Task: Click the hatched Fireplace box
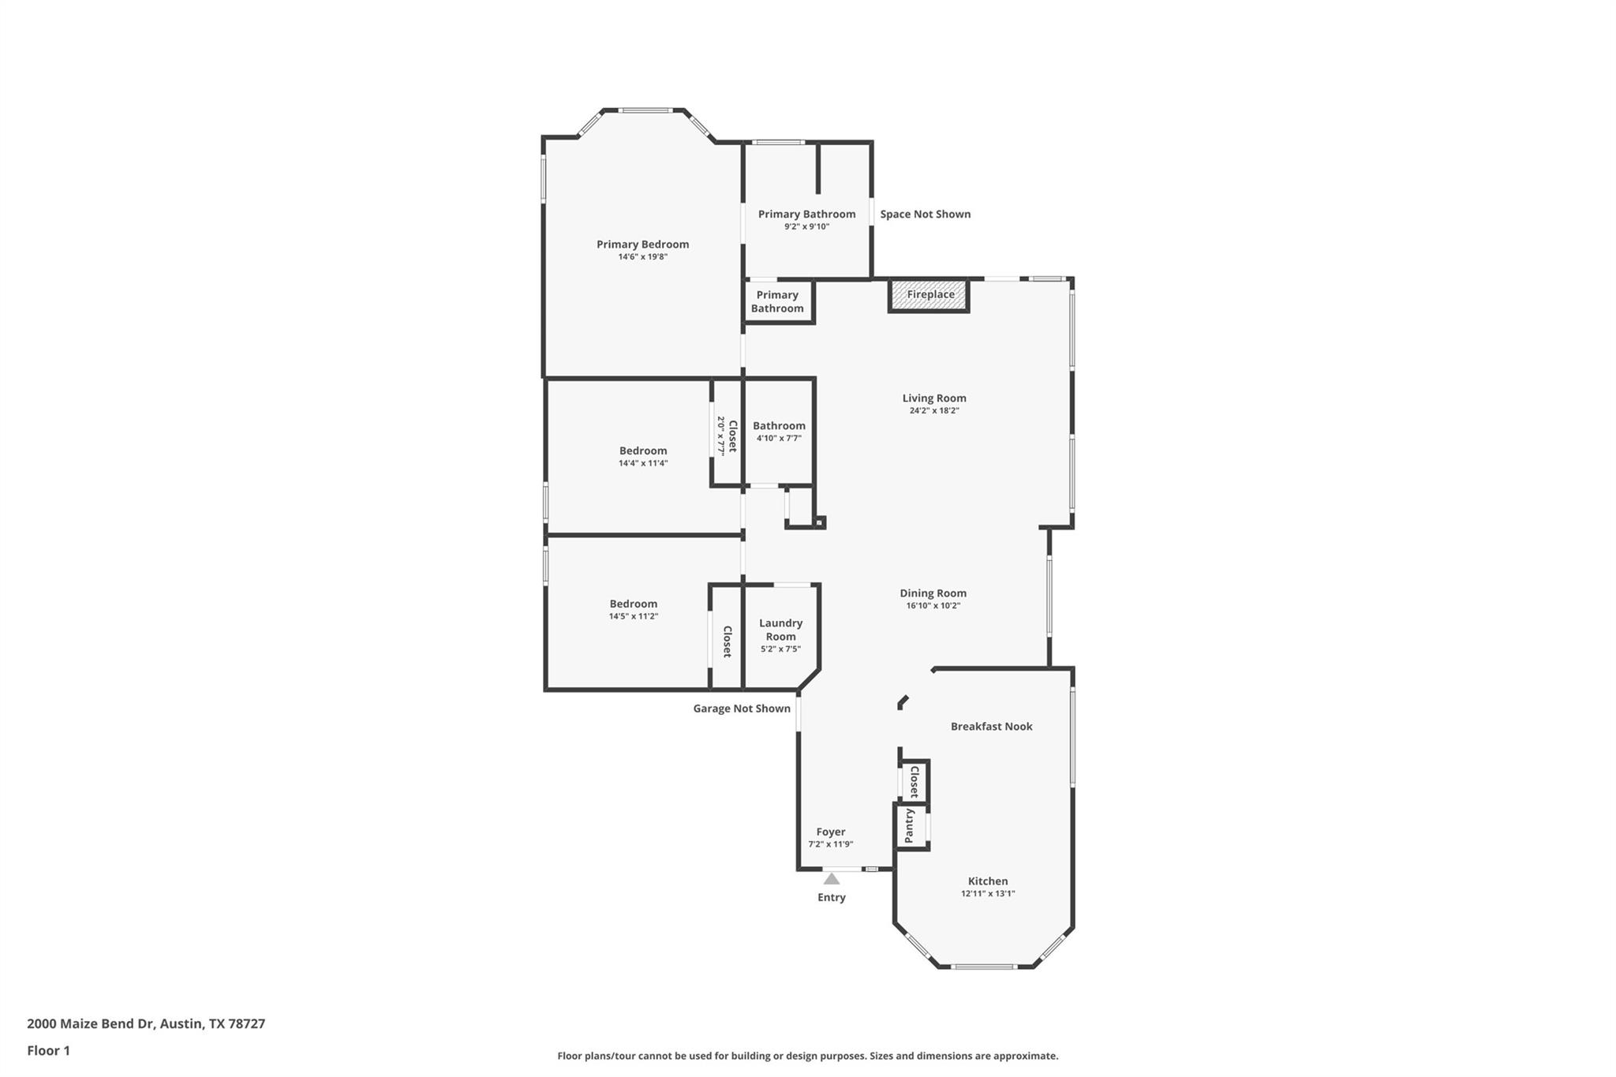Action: click(930, 295)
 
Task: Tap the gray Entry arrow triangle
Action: click(832, 879)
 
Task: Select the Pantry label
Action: click(909, 825)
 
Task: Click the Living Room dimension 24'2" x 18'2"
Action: click(934, 411)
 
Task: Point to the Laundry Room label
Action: click(780, 630)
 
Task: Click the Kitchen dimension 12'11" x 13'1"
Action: click(988, 894)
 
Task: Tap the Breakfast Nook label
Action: click(991, 727)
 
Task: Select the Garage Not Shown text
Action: click(742, 709)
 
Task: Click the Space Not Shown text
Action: click(925, 214)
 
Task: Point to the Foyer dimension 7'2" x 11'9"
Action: click(830, 844)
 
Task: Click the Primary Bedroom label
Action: click(642, 245)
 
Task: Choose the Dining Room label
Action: click(933, 593)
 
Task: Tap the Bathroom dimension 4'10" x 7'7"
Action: click(779, 439)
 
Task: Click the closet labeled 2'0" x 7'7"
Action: click(727, 436)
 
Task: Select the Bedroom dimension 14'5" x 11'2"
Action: click(633, 616)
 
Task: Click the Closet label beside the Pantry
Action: click(914, 781)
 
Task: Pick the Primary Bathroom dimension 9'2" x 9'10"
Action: click(806, 227)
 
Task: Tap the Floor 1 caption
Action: click(48, 1051)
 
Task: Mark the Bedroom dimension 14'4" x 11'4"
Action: click(643, 464)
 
